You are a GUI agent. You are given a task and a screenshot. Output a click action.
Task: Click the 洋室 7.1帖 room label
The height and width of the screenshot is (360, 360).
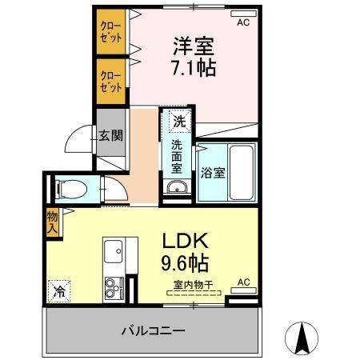(192, 55)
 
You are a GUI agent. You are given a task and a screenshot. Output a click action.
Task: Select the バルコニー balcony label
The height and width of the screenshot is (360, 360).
(153, 330)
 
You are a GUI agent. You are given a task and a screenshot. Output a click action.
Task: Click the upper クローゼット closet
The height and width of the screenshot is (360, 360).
(111, 31)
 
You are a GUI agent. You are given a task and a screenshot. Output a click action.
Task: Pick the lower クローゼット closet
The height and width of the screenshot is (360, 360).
(111, 81)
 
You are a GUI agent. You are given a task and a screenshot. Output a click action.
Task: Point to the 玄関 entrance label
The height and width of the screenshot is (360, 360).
(110, 135)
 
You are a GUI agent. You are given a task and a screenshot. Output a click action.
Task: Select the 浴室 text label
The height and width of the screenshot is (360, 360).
(212, 170)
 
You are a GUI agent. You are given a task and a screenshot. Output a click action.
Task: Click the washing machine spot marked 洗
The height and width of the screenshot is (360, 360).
(180, 122)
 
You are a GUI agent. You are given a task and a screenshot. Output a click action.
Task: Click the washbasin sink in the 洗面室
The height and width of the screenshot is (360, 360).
(177, 189)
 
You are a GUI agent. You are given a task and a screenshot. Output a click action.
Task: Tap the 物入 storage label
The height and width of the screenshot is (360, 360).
(51, 222)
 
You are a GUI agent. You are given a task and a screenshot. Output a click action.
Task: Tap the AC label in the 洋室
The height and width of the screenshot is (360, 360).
(243, 22)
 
